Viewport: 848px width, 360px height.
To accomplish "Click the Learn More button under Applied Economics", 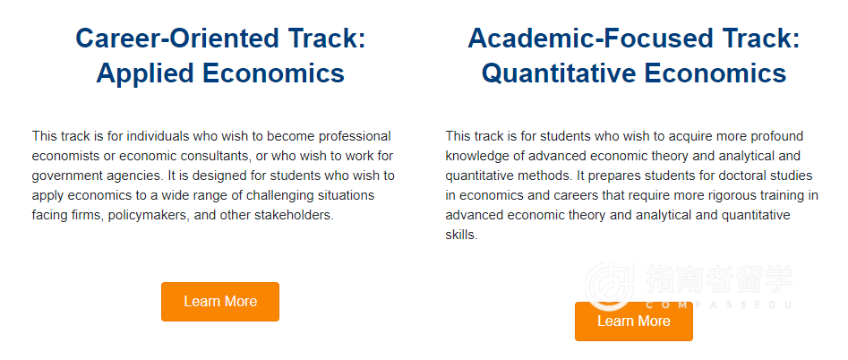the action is point(220,302).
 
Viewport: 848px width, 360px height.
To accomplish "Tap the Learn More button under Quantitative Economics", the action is point(634,321).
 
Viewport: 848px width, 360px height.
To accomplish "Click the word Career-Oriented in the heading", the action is point(176,39).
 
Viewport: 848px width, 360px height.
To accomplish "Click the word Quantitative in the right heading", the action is point(558,73).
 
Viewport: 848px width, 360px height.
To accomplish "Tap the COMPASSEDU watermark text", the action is point(719,304).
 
